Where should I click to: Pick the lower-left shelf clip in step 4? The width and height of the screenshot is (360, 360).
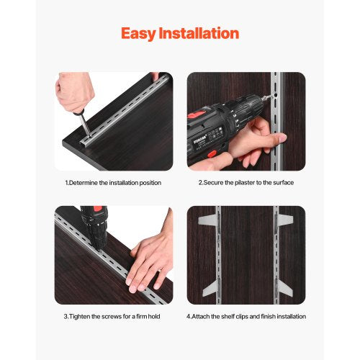pos(209,289)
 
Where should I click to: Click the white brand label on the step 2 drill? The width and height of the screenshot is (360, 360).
pos(199,134)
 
